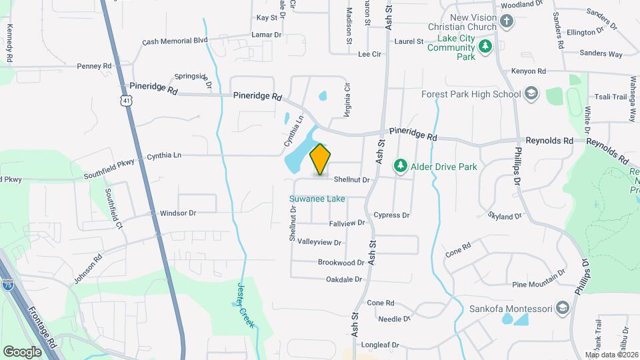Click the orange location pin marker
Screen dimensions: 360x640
pyautogui.click(x=321, y=159)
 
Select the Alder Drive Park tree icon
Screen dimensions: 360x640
pyautogui.click(x=401, y=165)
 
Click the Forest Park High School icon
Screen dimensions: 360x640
pyautogui.click(x=531, y=94)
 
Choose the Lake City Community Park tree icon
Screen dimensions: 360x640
pyautogui.click(x=486, y=45)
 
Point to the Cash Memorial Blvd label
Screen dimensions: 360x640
pyautogui.click(x=175, y=41)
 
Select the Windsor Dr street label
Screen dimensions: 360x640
pyautogui.click(x=178, y=213)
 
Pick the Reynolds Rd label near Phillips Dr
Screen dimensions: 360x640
pyautogui.click(x=549, y=141)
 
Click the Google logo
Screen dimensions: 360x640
pyautogui.click(x=22, y=351)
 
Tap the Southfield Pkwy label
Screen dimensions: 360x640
pyautogui.click(x=109, y=169)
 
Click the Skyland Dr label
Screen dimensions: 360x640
pyautogui.click(x=505, y=217)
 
